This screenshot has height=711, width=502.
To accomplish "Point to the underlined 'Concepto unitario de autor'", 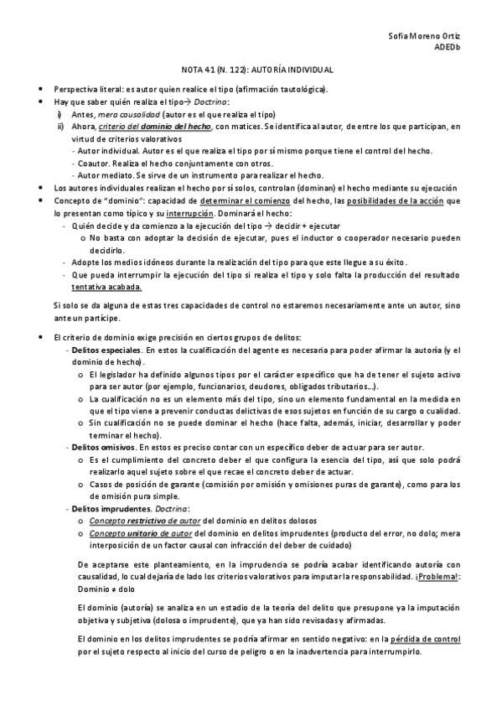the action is click(x=140, y=533).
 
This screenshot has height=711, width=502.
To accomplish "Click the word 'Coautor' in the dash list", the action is click(x=91, y=163).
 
